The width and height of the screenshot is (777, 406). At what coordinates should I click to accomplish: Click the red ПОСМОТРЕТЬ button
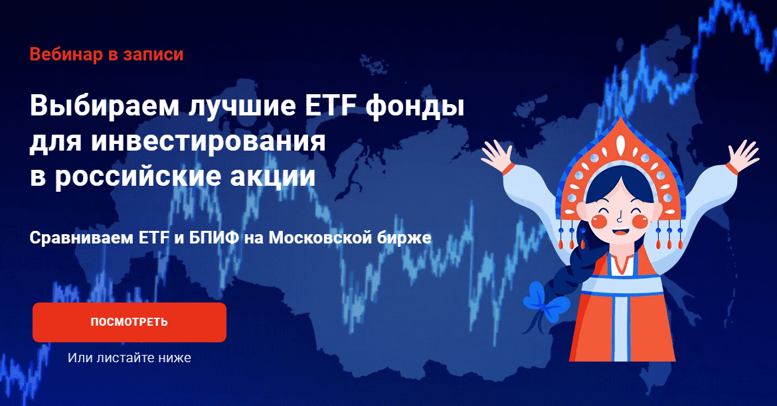click(129, 322)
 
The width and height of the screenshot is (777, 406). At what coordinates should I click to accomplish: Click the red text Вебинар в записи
click(106, 54)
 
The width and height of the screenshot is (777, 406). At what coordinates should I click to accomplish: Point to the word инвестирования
click(208, 142)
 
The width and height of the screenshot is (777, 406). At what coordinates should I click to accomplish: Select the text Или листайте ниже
click(129, 358)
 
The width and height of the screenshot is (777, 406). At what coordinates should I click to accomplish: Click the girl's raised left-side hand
click(497, 155)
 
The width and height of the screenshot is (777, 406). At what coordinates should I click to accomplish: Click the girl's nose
click(620, 216)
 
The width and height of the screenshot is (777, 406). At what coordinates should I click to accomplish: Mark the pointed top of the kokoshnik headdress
click(620, 118)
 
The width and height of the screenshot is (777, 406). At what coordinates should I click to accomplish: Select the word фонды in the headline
click(415, 107)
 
